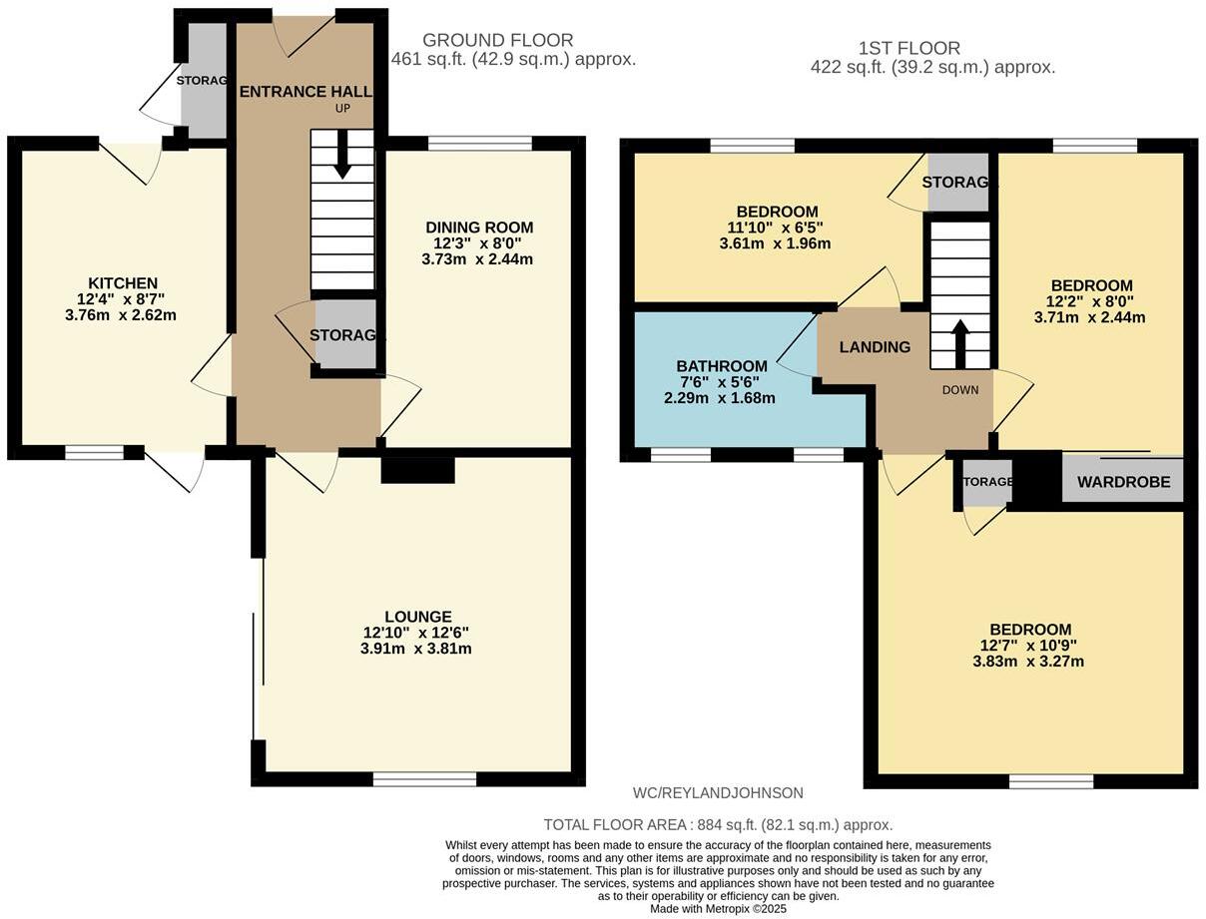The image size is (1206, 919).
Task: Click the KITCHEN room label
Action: click(x=123, y=282)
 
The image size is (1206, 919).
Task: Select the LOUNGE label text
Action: click(x=417, y=617)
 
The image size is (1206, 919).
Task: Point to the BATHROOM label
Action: click(x=721, y=366)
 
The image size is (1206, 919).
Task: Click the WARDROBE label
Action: click(x=1123, y=481)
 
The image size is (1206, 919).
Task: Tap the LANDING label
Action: click(x=875, y=347)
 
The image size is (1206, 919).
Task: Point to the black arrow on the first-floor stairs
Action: click(x=960, y=342)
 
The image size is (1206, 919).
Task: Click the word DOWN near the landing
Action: click(x=960, y=389)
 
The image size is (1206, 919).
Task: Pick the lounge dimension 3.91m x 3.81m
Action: click(x=417, y=648)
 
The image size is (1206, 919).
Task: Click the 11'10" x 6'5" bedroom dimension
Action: click(x=778, y=228)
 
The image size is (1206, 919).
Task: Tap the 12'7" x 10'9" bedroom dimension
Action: click(x=1031, y=646)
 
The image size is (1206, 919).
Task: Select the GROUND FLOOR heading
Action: click(x=497, y=40)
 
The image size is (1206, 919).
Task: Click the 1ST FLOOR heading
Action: click(x=908, y=48)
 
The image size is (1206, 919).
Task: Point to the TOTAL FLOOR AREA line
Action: click(x=718, y=824)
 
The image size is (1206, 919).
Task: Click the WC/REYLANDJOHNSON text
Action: click(x=718, y=793)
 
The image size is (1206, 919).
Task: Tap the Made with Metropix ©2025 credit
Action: click(x=718, y=909)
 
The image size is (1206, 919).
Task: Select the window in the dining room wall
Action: click(x=480, y=144)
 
